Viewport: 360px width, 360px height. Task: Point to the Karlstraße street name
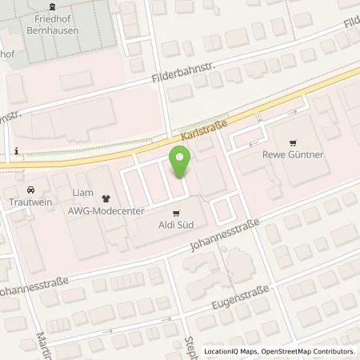pyautogui.click(x=203, y=130)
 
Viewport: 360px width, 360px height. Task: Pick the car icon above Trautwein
pyautogui.click(x=30, y=190)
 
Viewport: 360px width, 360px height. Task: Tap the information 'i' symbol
pyautogui.click(x=16, y=151)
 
